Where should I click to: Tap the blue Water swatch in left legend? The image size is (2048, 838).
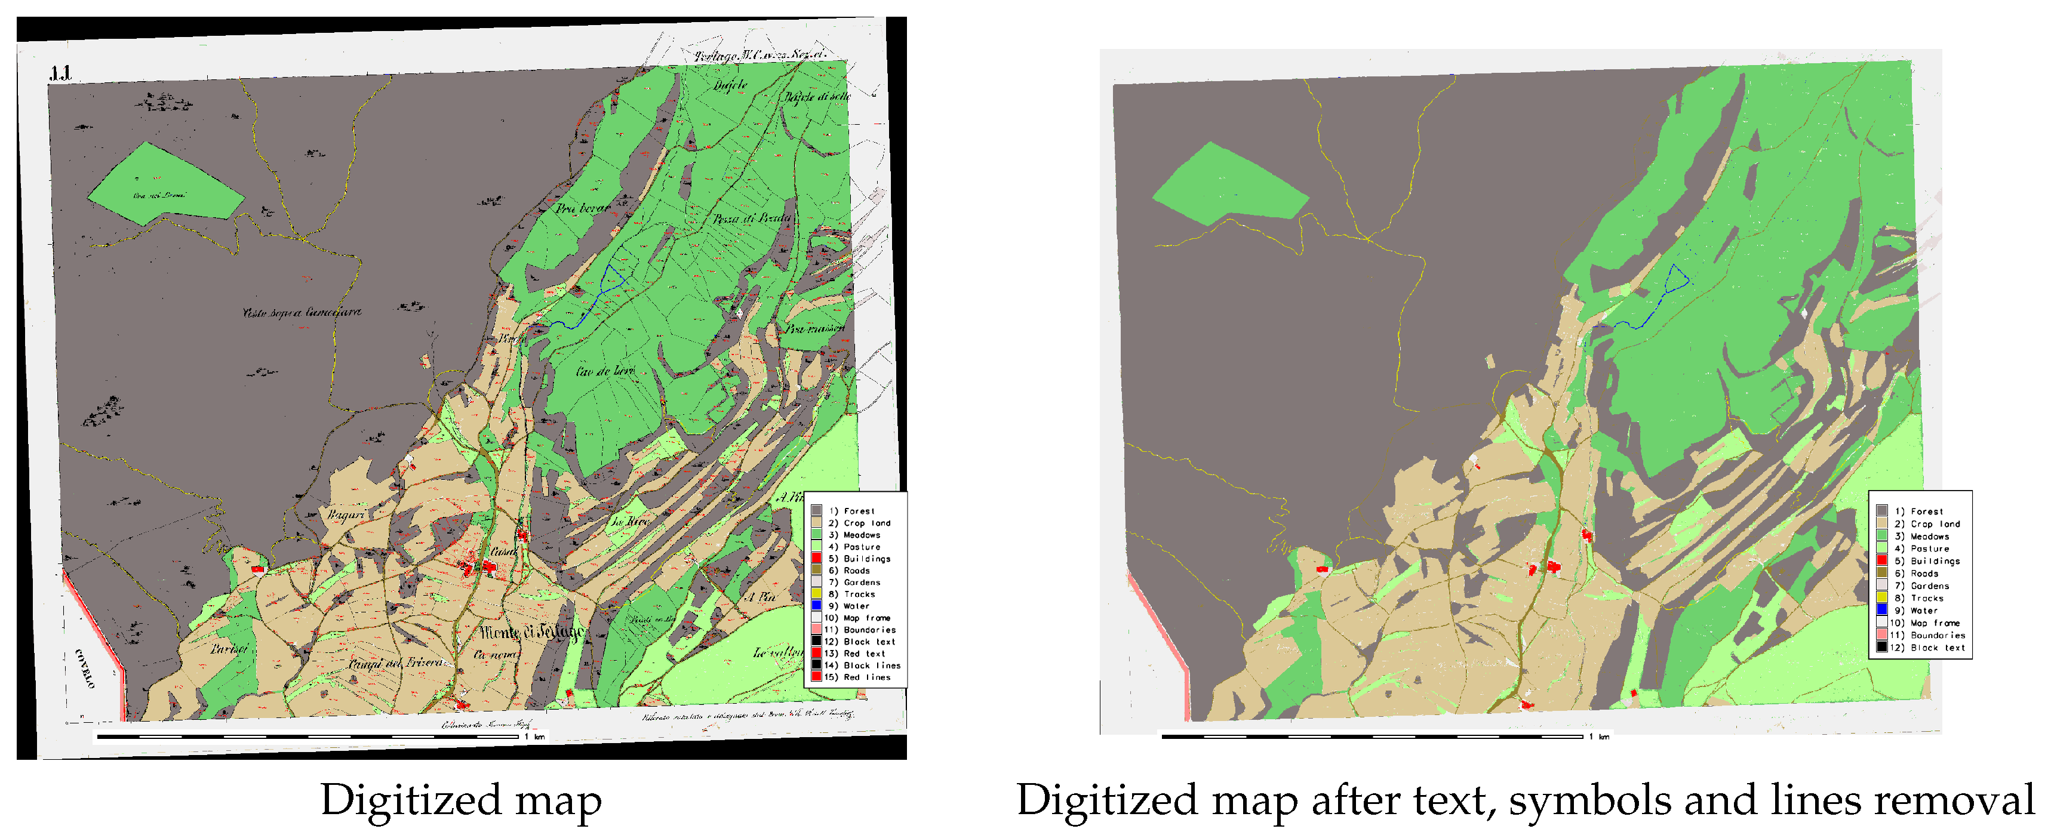click(816, 606)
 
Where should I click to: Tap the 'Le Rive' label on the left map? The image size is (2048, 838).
click(630, 522)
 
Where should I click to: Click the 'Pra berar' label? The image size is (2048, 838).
click(582, 208)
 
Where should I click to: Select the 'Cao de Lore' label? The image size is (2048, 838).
click(604, 371)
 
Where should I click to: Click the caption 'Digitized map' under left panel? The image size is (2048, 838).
click(460, 800)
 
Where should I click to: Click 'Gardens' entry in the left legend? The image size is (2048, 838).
click(861, 582)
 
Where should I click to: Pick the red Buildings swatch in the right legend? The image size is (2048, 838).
click(1881, 560)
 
